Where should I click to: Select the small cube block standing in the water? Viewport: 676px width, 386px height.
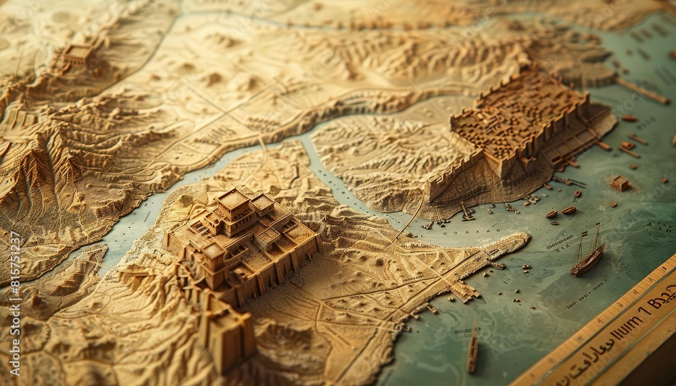pyautogui.click(x=620, y=183)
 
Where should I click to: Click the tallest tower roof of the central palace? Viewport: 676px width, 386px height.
pyautogui.click(x=233, y=199)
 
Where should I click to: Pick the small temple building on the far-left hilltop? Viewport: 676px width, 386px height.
pyautogui.click(x=78, y=54)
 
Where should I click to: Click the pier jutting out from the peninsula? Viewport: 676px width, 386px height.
pyautogui.click(x=464, y=291)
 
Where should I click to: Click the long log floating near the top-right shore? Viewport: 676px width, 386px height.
pyautogui.click(x=642, y=91)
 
